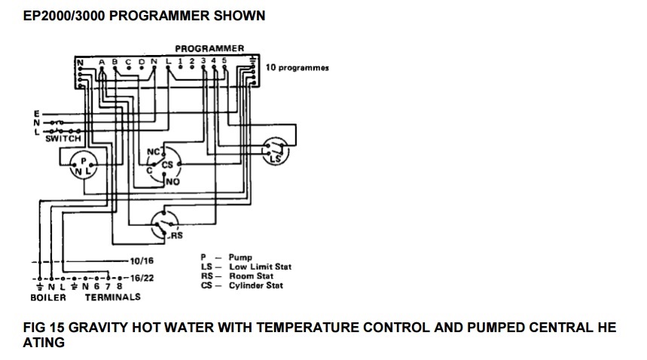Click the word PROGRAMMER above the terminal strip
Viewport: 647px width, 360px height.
[x=209, y=48]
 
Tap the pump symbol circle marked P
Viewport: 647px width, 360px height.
[x=84, y=165]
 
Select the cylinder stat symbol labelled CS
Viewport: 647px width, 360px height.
[x=164, y=166]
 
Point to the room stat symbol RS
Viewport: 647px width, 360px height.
[x=165, y=225]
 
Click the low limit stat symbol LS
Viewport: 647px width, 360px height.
[x=275, y=151]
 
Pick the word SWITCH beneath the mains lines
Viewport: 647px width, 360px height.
[x=63, y=139]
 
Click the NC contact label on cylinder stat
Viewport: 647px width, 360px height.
[x=153, y=152]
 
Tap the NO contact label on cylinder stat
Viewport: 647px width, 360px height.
[x=173, y=182]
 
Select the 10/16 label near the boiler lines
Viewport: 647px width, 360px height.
[x=142, y=261]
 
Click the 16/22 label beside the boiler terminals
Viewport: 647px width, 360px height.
[x=142, y=278]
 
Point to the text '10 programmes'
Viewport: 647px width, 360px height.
[x=297, y=68]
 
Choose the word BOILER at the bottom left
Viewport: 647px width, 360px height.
[x=48, y=297]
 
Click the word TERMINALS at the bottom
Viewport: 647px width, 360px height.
[x=113, y=297]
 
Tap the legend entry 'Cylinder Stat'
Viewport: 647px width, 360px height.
[x=256, y=285]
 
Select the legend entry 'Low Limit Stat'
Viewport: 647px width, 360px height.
[x=261, y=267]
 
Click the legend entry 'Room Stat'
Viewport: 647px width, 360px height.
[x=252, y=276]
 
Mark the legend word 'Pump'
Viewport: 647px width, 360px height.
[x=240, y=258]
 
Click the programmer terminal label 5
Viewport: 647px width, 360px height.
[x=224, y=60]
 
